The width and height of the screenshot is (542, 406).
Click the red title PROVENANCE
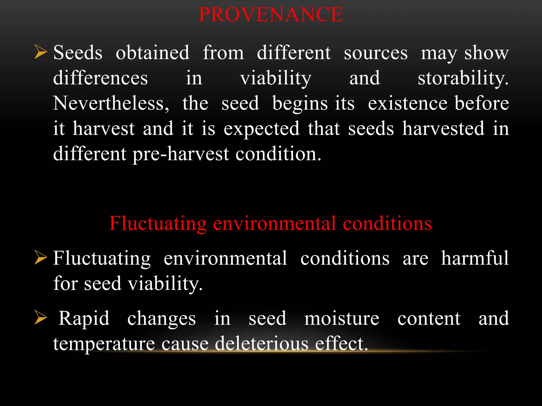[270, 15]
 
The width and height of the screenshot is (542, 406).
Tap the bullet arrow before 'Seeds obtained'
[40, 52]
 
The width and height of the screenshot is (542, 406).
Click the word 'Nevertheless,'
[111, 103]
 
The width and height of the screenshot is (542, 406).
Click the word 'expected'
[261, 129]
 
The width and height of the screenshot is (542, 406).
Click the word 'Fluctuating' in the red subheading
[158, 224]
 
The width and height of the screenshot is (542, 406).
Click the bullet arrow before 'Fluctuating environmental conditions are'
[40, 258]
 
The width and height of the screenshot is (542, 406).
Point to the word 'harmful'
[475, 258]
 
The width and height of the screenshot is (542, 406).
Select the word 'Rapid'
[84, 319]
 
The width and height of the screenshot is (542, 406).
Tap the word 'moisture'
[342, 319]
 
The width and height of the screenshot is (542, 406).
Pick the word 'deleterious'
[261, 344]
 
